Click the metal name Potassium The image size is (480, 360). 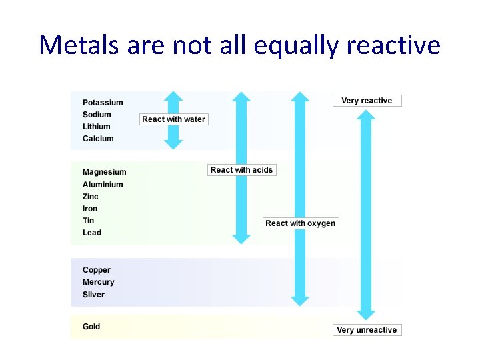point(103,103)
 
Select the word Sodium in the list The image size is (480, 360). point(97,115)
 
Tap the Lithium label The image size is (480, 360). point(97,127)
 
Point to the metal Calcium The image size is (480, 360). point(98,139)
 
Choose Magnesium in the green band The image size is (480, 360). point(104,172)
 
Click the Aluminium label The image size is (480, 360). point(103,185)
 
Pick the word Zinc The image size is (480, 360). point(90,197)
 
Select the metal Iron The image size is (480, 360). point(89,209)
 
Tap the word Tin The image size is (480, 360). point(88,221)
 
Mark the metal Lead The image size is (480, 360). point(92,233)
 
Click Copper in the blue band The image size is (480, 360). point(97,270)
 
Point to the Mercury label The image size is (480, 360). point(99,282)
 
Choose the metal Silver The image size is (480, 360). point(93,295)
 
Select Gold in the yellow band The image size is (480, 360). point(91,327)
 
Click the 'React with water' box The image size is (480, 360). point(174,119)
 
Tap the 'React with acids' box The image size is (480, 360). point(241,170)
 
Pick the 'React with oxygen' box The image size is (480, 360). point(300,223)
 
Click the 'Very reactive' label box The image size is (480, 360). point(367,101)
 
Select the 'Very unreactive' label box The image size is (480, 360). point(367,330)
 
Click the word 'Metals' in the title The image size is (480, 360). point(78,45)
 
